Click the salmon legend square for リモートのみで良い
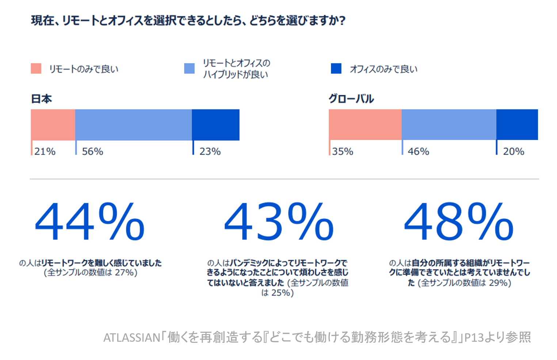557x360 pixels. [36, 68]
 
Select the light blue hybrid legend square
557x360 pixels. [189, 68]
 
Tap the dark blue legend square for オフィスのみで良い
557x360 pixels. [336, 68]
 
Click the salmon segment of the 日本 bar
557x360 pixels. [53, 125]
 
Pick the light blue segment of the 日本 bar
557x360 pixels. [133, 125]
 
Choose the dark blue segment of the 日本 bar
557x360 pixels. [215, 125]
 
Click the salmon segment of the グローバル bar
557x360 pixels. [365, 125]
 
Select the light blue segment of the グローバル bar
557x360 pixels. [449, 125]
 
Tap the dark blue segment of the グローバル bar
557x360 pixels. [517, 125]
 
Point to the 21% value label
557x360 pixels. [45, 151]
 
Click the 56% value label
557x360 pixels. [92, 151]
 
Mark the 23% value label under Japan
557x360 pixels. [210, 151]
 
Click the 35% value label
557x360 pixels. [343, 151]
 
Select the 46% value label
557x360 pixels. [419, 151]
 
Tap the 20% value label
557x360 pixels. [514, 151]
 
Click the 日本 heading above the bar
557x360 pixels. [42, 99]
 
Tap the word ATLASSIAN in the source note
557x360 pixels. [132, 337]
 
